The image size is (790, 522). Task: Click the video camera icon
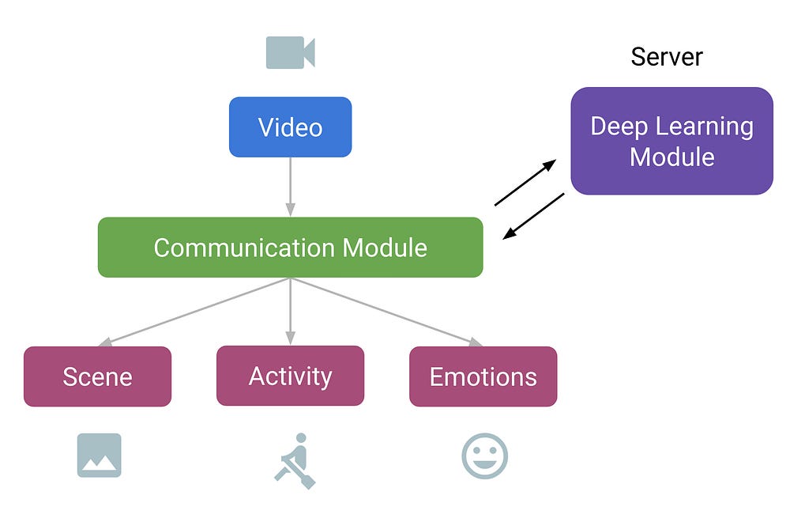tap(290, 52)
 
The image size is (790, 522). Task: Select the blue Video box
tap(290, 127)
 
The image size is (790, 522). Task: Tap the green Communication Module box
tap(290, 248)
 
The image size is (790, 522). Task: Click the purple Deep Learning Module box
tap(671, 141)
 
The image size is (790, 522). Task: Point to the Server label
tap(667, 57)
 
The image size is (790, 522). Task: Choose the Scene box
tap(97, 376)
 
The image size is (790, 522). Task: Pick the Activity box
tap(290, 376)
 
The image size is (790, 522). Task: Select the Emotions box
tap(483, 376)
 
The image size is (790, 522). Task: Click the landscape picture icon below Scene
tap(99, 455)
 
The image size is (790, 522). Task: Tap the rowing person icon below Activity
tap(294, 460)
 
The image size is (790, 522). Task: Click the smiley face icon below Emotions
tap(484, 456)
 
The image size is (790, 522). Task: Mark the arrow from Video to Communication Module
tap(290, 187)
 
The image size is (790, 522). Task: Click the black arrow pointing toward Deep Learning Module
tap(525, 183)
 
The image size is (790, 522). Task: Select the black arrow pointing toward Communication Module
tap(534, 215)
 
